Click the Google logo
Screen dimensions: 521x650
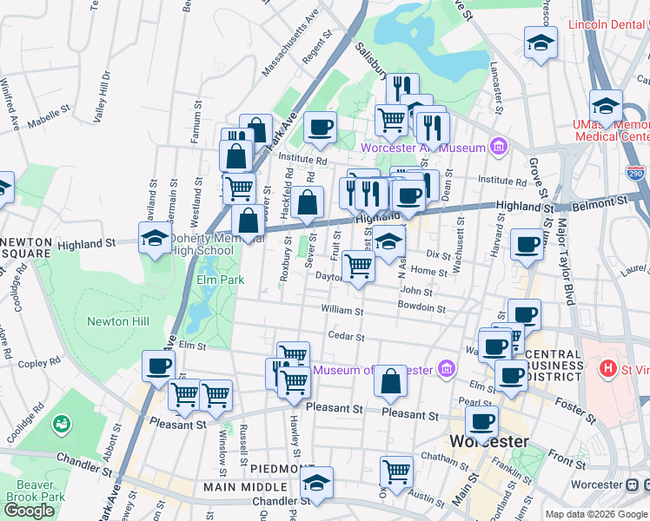(x=29, y=511)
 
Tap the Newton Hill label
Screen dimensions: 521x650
(x=118, y=322)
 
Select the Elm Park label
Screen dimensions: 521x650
(x=220, y=280)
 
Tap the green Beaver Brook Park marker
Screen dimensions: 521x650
(x=61, y=425)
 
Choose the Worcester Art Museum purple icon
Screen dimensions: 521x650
(x=497, y=147)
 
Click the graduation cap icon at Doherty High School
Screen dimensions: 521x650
(x=155, y=239)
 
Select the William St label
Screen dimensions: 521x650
(x=342, y=310)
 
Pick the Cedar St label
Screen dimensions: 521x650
(x=343, y=336)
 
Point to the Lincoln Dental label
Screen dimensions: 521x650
(x=608, y=24)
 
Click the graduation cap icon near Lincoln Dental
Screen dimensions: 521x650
(x=541, y=44)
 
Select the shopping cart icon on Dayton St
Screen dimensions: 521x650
(x=358, y=267)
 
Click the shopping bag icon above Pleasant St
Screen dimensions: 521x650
(x=392, y=380)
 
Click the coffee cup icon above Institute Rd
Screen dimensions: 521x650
(x=320, y=128)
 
